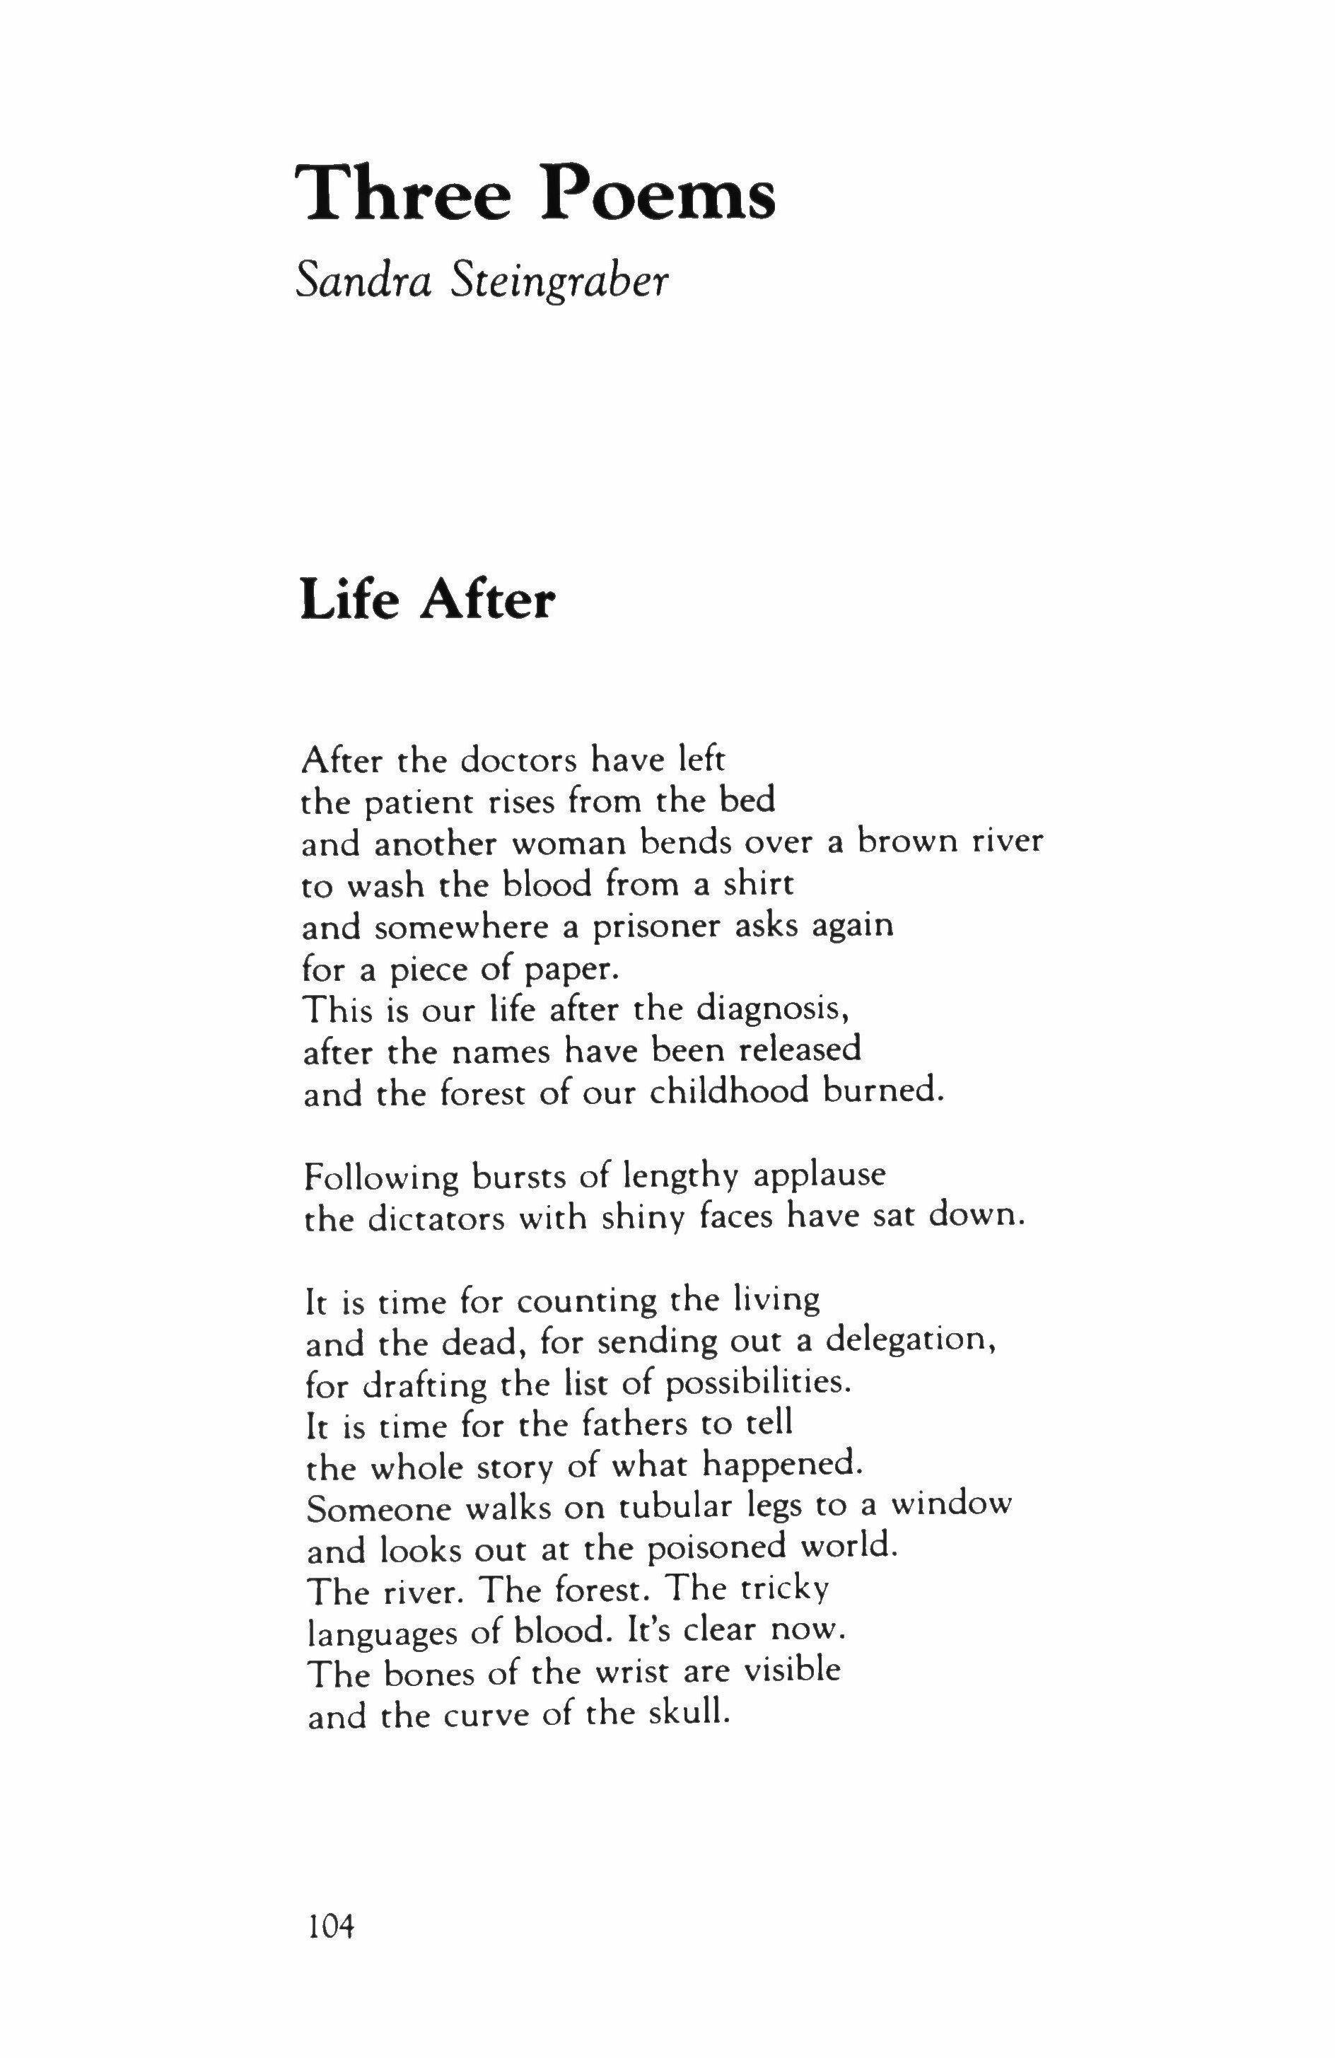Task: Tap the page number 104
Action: pos(331,1925)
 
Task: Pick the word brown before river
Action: pos(912,842)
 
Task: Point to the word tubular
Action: pos(672,1509)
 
